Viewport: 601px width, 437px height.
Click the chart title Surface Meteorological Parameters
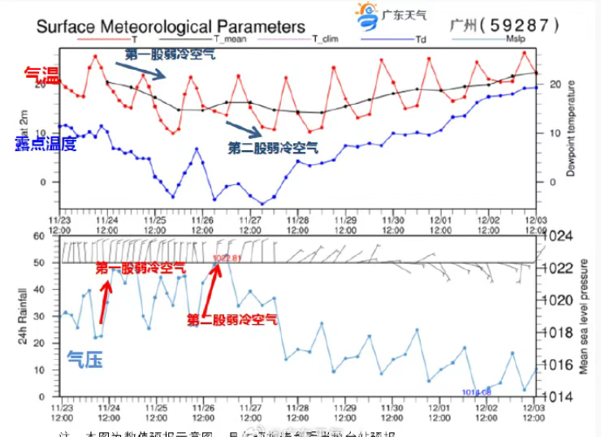171,26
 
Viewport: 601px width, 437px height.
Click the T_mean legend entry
230,38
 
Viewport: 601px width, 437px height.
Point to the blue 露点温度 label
45,144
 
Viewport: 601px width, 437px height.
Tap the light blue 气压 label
84,357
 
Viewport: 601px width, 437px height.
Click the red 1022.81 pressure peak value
228,257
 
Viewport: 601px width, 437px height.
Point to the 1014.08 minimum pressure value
477,392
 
